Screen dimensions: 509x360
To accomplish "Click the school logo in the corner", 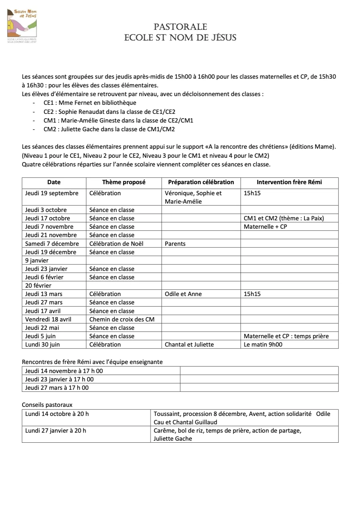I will [22, 26].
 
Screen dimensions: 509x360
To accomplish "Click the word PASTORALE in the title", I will [180, 27].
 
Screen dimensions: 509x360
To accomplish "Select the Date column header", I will [54, 182].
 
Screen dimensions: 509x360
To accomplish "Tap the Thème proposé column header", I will [124, 182].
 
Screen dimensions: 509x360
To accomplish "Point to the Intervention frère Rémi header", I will [289, 182].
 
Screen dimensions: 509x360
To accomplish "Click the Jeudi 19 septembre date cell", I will [52, 193].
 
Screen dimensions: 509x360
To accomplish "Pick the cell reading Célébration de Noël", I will [116, 244].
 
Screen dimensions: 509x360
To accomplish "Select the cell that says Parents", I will [175, 244].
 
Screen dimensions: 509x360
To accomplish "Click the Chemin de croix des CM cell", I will [122, 319].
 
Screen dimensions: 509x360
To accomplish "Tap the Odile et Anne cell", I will [183, 294].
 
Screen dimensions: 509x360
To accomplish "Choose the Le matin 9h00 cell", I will [263, 345].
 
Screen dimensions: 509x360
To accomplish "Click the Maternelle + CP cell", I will [265, 227].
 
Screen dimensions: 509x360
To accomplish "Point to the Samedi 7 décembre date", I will [52, 244].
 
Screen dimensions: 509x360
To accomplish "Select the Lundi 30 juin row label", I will [42, 345].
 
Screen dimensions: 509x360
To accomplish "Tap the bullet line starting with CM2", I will [109, 129].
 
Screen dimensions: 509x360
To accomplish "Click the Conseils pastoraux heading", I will [47, 405].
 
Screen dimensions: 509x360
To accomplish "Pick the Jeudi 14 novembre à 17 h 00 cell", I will [64, 371].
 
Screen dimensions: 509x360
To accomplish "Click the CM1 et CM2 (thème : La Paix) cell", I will [284, 218].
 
